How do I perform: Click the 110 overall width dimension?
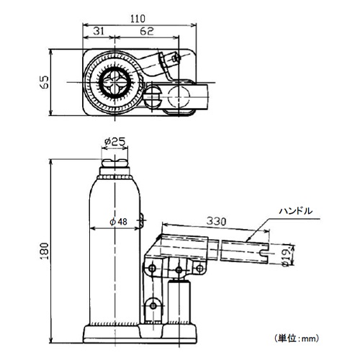pos(138,19)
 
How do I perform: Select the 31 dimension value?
pos(99,31)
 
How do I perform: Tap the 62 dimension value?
pos(147,31)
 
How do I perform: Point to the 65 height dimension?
pos(45,82)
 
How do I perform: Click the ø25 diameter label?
pos(114,142)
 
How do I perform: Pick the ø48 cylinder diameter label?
pos(118,222)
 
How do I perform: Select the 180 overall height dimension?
pos(45,251)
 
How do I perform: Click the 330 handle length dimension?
pos(216,221)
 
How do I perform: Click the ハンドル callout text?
pos(296,211)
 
